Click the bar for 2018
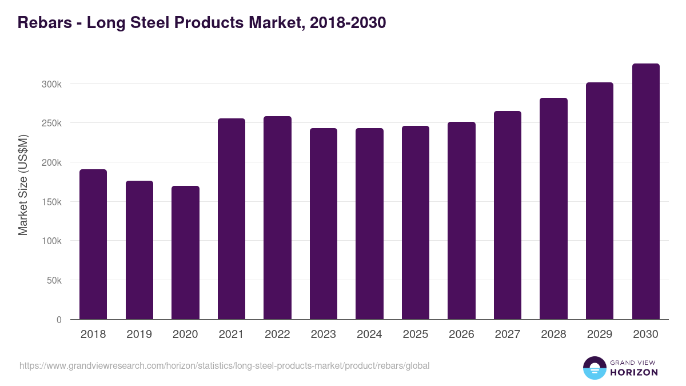point(93,244)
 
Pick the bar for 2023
point(324,224)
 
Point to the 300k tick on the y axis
point(52,84)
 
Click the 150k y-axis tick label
point(52,202)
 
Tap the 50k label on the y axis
point(54,280)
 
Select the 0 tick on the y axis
point(59,320)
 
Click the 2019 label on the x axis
point(139,335)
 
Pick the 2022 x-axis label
point(277,335)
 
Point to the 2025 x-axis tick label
point(415,335)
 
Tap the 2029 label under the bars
point(599,335)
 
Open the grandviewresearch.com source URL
point(224,365)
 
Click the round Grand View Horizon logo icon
point(594,368)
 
